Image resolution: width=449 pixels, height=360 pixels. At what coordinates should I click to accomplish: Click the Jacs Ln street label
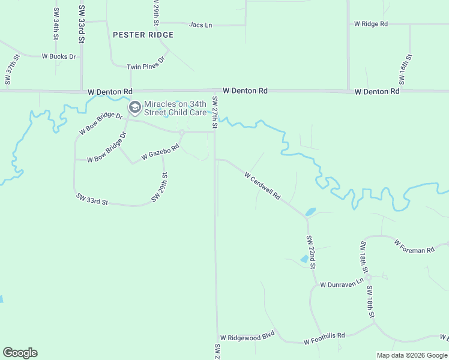[x=200, y=25]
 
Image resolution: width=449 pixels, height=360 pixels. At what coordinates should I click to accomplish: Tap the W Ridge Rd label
[x=371, y=24]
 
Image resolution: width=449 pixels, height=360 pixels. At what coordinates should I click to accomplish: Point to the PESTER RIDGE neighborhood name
[x=143, y=35]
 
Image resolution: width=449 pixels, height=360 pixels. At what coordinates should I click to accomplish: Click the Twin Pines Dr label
[x=145, y=67]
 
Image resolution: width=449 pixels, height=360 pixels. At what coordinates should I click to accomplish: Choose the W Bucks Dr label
[x=59, y=56]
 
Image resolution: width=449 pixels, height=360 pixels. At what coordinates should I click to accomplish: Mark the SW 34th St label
[x=56, y=24]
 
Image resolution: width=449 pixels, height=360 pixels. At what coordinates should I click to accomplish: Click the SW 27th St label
[x=214, y=113]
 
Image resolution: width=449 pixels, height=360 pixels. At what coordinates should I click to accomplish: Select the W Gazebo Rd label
[x=160, y=152]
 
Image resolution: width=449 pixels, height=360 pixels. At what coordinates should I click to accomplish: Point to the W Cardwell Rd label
[x=263, y=185]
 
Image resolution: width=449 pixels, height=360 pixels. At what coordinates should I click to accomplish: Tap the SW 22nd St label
[x=311, y=252]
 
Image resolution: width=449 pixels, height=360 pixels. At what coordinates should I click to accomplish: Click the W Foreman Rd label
[x=414, y=246]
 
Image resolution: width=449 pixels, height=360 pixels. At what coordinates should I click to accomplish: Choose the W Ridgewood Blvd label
[x=247, y=338]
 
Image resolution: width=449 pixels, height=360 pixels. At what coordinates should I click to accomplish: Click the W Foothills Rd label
[x=324, y=338]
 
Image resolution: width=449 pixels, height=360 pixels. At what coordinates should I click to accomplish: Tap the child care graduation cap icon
[x=135, y=108]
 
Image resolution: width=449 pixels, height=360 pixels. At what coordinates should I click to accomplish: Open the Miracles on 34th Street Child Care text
[x=175, y=108]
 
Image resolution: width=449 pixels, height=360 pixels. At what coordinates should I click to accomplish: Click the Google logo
[x=20, y=353]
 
